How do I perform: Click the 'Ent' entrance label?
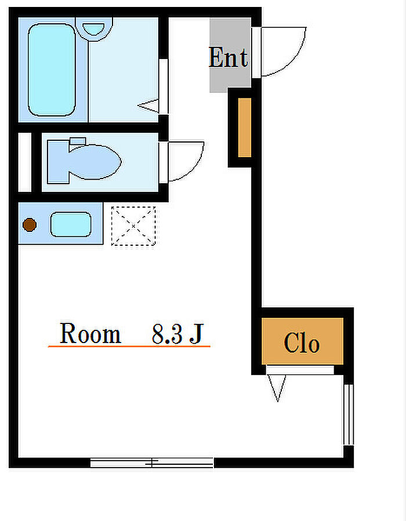pos(228,58)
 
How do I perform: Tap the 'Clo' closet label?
pos(302,343)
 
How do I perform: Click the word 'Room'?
pos(90,333)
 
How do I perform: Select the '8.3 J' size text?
pos(177,334)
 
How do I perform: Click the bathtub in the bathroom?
pos(52,70)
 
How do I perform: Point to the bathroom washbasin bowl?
pos(94,28)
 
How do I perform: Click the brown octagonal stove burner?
pos(30,225)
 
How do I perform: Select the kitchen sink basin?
pos(71,224)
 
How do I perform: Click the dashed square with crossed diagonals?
pos(133,226)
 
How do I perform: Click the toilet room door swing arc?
pos(194,169)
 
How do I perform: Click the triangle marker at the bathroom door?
pos(148,106)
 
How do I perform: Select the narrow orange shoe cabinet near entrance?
pos(245,127)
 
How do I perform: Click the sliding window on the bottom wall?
pos(152,462)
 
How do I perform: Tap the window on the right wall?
pos(348,414)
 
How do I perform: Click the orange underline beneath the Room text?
pos(129,346)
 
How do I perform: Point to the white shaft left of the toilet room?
pos(24,162)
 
